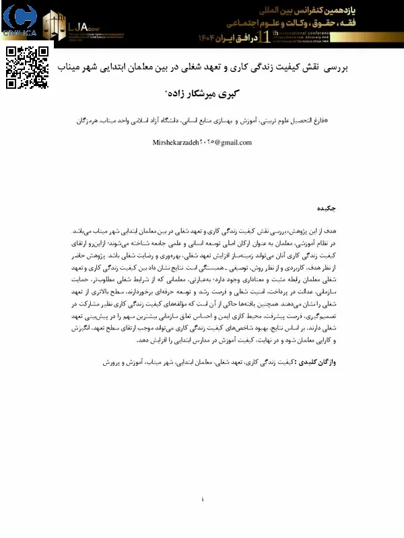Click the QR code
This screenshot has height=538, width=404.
[27, 67]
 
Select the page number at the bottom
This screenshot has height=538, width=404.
[202, 499]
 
